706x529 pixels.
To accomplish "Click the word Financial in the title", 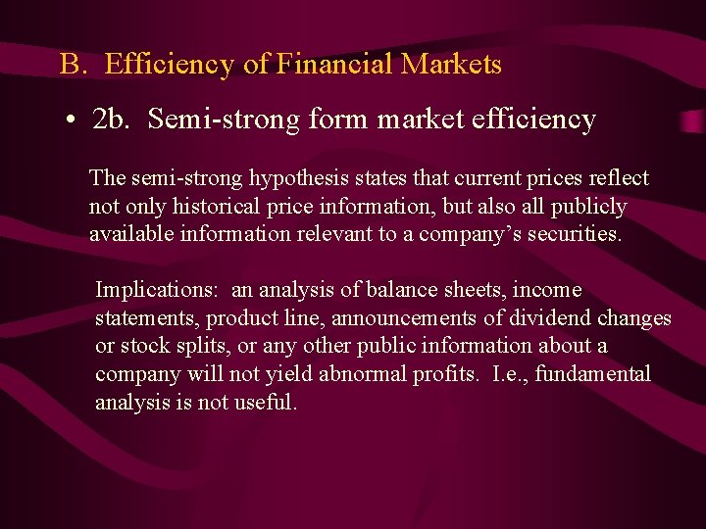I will (x=334, y=65).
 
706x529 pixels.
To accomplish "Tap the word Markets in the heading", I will (x=451, y=65).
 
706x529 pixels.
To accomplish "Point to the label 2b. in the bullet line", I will (x=114, y=120).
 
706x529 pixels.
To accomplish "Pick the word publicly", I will (x=588, y=207).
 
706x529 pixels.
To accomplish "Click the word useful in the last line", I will (x=265, y=402).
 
